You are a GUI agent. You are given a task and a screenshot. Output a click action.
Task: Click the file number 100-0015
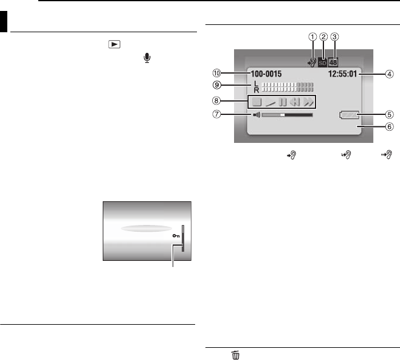266,74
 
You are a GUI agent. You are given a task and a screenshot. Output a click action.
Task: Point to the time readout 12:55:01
343,74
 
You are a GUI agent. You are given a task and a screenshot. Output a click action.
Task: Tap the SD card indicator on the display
322,63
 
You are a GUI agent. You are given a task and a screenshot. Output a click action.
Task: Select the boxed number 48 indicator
333,63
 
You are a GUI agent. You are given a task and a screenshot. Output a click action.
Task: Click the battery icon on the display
349,115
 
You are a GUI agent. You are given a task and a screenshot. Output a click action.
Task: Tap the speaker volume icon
257,115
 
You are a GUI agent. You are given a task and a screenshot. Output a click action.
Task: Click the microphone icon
147,58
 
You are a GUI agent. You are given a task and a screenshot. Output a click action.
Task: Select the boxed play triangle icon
114,44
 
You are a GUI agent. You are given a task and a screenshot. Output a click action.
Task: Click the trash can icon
236,355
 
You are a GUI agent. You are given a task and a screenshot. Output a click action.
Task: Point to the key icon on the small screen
176,236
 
